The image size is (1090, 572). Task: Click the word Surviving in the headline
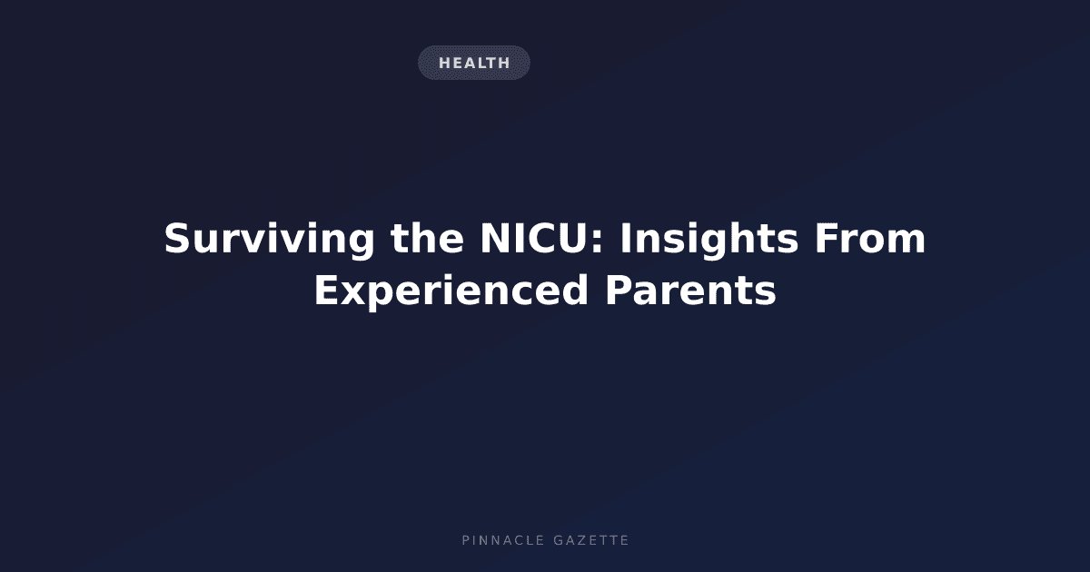(x=269, y=239)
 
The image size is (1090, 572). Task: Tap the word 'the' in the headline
(x=427, y=238)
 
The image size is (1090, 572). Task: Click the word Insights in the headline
(x=709, y=239)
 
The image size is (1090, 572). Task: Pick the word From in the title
(x=870, y=238)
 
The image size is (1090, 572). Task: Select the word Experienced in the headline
(x=451, y=291)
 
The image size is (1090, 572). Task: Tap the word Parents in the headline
(x=690, y=290)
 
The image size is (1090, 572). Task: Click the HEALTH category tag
(x=474, y=63)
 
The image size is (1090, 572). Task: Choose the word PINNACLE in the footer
(x=502, y=540)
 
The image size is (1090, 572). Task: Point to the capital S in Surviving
(x=176, y=238)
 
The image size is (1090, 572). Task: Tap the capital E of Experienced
(x=326, y=290)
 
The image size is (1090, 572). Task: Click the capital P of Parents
(x=618, y=290)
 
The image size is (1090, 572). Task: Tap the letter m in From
(x=907, y=242)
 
